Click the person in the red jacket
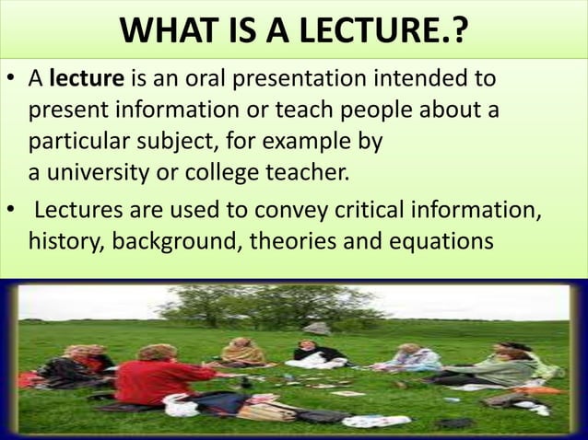click(156, 377)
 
